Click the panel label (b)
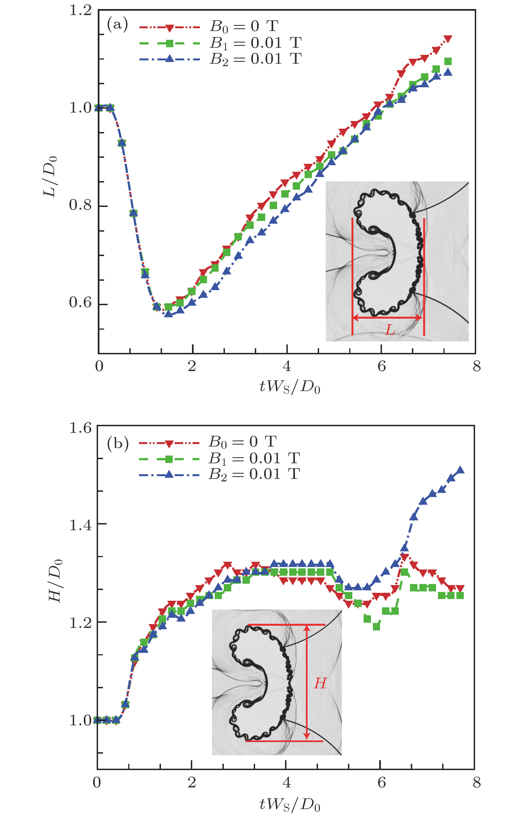pyautogui.click(x=118, y=443)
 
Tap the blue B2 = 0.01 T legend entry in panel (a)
pyautogui.click(x=220, y=59)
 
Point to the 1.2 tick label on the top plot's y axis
pyautogui.click(x=80, y=10)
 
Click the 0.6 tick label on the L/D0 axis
pyautogui.click(x=80, y=302)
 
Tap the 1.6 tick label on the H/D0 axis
pyautogui.click(x=80, y=428)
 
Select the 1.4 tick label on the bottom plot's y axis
pyautogui.click(x=80, y=525)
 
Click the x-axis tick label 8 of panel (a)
pyautogui.click(x=476, y=366)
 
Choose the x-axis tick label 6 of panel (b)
pyautogui.click(x=381, y=782)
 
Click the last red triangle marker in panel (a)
pyautogui.click(x=448, y=39)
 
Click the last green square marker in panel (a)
pyautogui.click(x=448, y=61)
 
